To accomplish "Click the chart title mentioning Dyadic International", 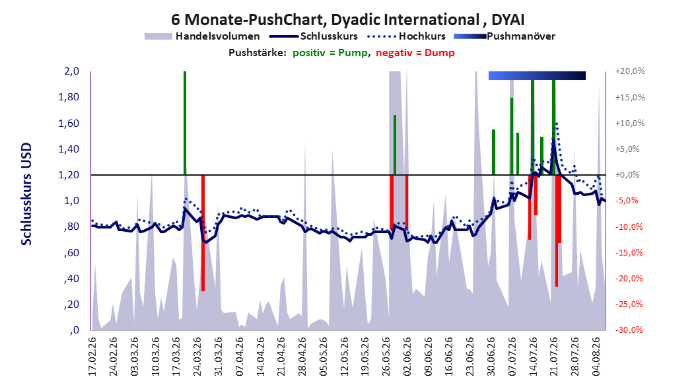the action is [x=347, y=20].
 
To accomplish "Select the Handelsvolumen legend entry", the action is [x=202, y=36].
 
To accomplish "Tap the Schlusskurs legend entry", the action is [x=314, y=36].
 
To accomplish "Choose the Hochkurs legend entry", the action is [x=407, y=36].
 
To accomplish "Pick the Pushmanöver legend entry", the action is [x=505, y=36].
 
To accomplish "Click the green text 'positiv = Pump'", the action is [x=330, y=53].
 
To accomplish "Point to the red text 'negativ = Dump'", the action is [x=415, y=53].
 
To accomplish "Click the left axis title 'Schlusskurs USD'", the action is [x=26, y=194].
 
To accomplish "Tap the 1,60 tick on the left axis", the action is [x=69, y=123].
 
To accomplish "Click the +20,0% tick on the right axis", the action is [x=630, y=71].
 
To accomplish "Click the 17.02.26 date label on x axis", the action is [x=92, y=357].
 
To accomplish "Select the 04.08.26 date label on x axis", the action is [x=596, y=357].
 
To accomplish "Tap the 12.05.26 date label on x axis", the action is [x=345, y=357].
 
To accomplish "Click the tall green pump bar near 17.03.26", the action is [x=185, y=123].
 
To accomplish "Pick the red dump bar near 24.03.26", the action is [x=203, y=233].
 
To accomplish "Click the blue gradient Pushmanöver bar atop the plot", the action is [x=537, y=75].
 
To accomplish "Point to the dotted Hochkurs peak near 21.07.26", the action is [x=556, y=123].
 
